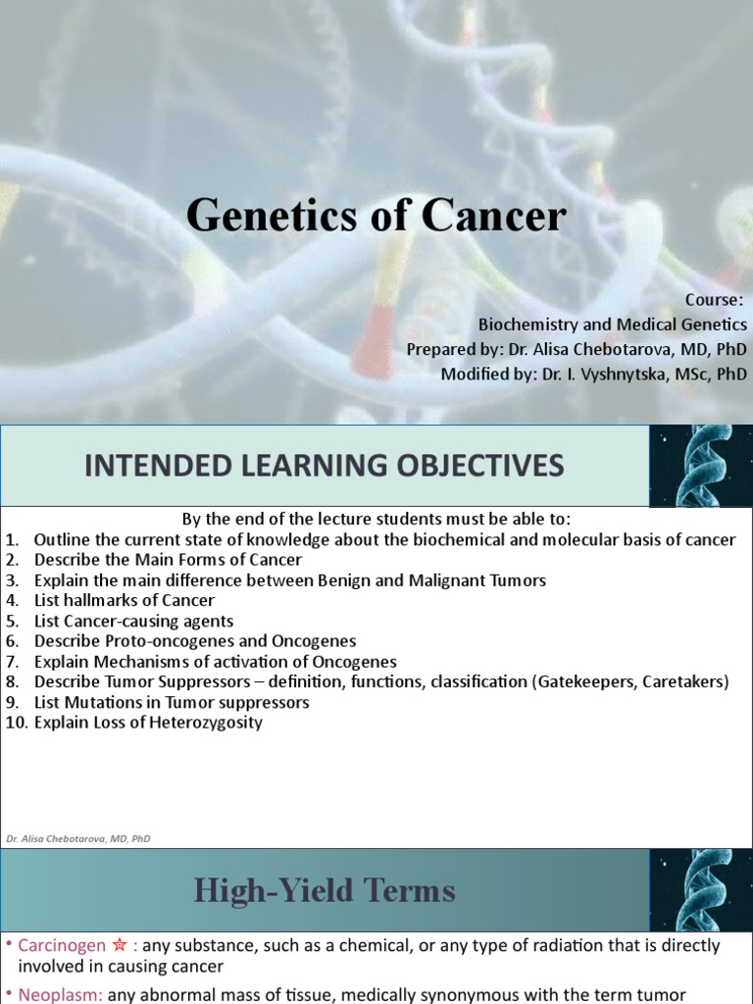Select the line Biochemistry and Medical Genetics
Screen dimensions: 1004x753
pos(612,324)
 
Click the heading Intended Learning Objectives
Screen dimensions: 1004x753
pos(324,466)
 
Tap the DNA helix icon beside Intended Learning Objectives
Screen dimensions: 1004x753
pos(701,465)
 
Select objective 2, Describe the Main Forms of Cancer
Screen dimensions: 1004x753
pos(168,559)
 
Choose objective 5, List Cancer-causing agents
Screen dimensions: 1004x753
pos(133,621)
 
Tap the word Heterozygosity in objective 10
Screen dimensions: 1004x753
pos(203,723)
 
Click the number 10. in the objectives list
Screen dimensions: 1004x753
pos(16,723)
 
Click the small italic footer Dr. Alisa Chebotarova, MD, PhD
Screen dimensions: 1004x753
pos(77,838)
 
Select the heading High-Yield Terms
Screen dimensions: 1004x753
pos(324,890)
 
